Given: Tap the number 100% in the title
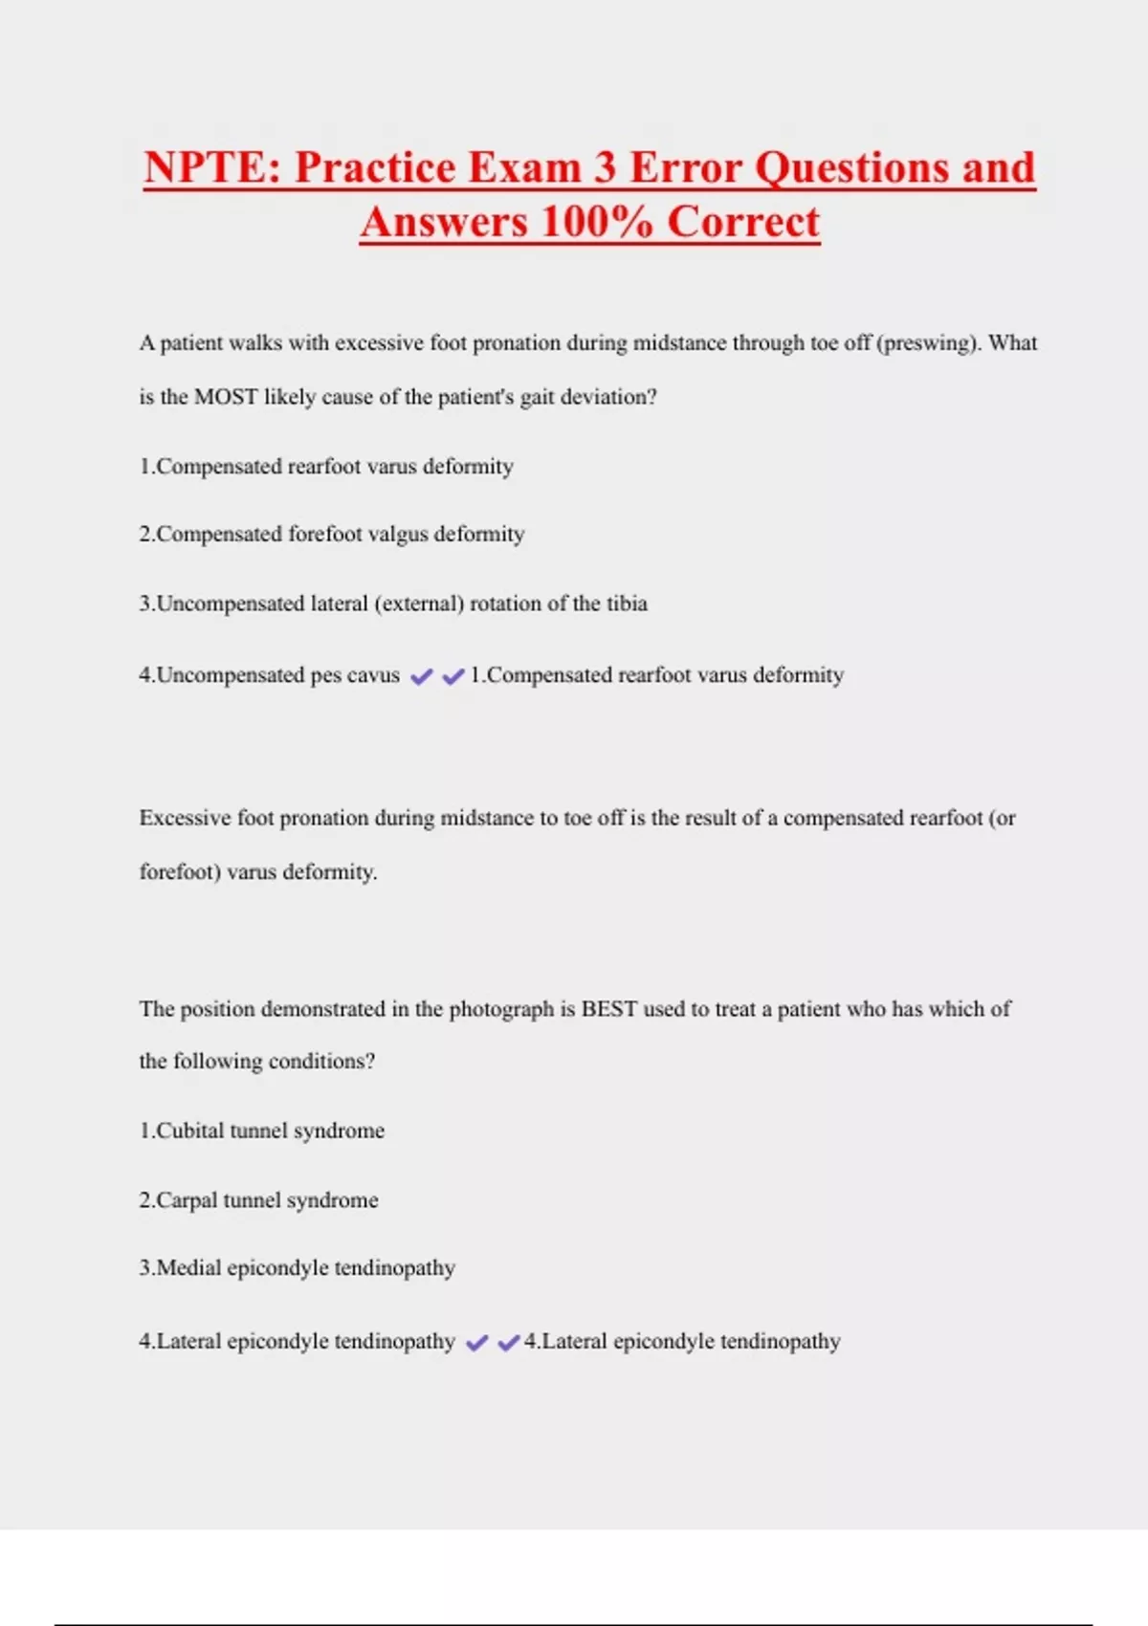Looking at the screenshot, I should [596, 222].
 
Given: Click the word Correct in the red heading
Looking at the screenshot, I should [743, 222].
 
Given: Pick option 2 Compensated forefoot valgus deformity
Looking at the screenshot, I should [332, 534].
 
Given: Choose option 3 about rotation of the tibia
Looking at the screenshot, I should [393, 604].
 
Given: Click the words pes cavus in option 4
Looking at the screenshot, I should [355, 675].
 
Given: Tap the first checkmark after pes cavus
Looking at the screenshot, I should [421, 677].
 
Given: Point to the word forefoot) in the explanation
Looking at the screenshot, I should [180, 872].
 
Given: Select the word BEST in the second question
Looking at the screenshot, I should [608, 1009].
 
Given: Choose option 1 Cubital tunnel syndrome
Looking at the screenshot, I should [262, 1131].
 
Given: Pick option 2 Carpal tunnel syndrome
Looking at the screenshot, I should [259, 1200].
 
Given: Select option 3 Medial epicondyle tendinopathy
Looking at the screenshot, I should [298, 1268].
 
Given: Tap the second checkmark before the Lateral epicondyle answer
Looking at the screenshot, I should [509, 1343].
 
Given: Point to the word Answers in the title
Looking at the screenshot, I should [444, 222].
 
